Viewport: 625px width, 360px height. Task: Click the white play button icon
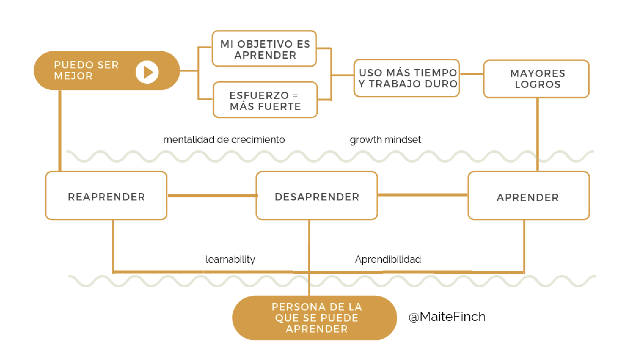(x=147, y=72)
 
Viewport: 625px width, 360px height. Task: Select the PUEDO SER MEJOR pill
(x=92, y=71)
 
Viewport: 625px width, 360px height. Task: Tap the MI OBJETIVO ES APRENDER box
(x=264, y=49)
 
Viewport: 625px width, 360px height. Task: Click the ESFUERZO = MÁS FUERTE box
(x=265, y=100)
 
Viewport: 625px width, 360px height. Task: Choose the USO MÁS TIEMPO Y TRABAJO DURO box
(x=407, y=78)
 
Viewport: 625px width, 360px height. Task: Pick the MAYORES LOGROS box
(x=536, y=79)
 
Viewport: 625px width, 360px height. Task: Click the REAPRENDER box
(x=106, y=196)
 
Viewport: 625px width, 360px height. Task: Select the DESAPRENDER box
(x=317, y=196)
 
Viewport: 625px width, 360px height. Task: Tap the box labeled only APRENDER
(x=528, y=196)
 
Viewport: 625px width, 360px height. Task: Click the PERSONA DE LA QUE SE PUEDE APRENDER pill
(x=315, y=318)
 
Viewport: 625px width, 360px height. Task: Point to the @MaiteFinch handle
(x=447, y=317)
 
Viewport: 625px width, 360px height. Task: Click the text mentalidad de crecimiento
(x=224, y=140)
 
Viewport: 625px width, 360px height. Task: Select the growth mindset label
(x=385, y=140)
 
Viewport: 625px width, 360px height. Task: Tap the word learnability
(x=230, y=259)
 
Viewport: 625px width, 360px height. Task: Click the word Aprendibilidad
(x=388, y=259)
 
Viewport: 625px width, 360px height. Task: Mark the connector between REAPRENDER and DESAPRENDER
(x=211, y=196)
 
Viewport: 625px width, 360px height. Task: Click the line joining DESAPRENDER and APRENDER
(x=423, y=195)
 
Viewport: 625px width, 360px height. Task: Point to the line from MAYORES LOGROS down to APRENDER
(x=538, y=134)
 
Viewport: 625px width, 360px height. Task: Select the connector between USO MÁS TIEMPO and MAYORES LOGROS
(x=472, y=74)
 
